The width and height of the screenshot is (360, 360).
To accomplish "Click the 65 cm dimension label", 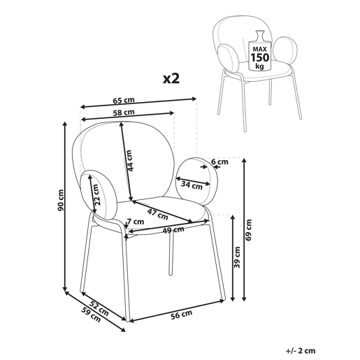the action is tap(124, 100).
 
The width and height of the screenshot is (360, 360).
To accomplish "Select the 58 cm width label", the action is tap(124, 113).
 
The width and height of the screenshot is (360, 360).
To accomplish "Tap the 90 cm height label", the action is tap(61, 201).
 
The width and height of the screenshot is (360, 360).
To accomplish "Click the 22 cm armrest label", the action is tap(96, 195).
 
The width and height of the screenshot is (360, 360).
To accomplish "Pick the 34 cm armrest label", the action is tap(192, 185).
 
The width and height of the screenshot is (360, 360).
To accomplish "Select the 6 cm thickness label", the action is tap(219, 161).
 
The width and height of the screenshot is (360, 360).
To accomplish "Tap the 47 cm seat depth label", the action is tap(157, 215).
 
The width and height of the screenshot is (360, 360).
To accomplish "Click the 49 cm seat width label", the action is tap(173, 230).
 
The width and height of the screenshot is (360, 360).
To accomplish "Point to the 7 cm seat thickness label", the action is tap(136, 222).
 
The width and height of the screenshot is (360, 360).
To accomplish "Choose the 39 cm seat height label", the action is tap(237, 257).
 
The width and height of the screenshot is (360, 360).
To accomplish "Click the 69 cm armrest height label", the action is tap(249, 230).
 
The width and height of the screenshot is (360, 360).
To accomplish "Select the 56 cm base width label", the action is tap(182, 315).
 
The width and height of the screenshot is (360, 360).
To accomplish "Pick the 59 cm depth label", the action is tap(91, 315).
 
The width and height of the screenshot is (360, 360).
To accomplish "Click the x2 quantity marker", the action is tap(171, 79).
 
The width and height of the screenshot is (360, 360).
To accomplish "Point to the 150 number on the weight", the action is tap(260, 57).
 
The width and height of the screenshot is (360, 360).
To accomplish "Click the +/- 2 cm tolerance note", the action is tap(301, 351).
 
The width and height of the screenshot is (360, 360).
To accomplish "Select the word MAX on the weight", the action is tap(260, 49).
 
